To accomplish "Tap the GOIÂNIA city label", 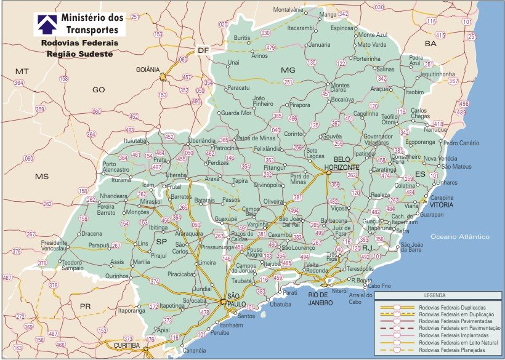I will point(148,70).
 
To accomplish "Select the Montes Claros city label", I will point(340,88).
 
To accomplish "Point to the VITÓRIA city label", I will point(442,204).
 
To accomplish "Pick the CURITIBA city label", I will point(127,346).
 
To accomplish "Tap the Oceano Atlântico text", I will point(459,237).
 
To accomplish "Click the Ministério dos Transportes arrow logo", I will point(46,23).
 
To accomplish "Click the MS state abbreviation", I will point(41,177).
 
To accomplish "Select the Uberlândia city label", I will point(202,140).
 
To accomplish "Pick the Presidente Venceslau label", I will point(54,246).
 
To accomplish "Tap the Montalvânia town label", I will point(288,10).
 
